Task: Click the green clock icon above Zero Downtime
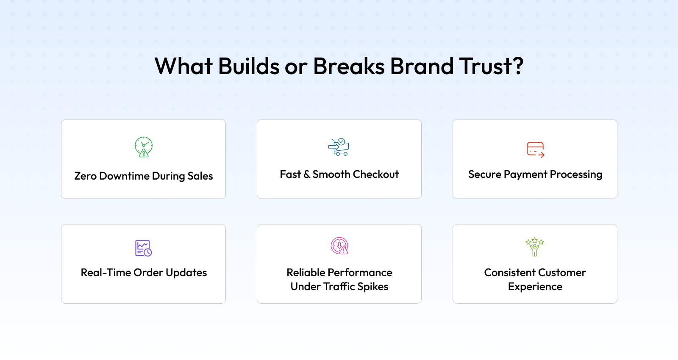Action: pos(144,147)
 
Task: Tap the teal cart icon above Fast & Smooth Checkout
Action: pos(339,147)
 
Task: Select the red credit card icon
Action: pos(535,150)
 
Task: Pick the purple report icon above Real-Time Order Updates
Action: pos(144,248)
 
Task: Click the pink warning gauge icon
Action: pos(339,246)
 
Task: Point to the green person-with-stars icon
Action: pos(535,247)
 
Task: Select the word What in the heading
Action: pos(183,66)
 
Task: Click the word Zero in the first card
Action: pos(85,176)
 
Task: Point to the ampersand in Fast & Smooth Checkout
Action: pos(307,174)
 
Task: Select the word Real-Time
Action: pos(106,273)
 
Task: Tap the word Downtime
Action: pos(124,176)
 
